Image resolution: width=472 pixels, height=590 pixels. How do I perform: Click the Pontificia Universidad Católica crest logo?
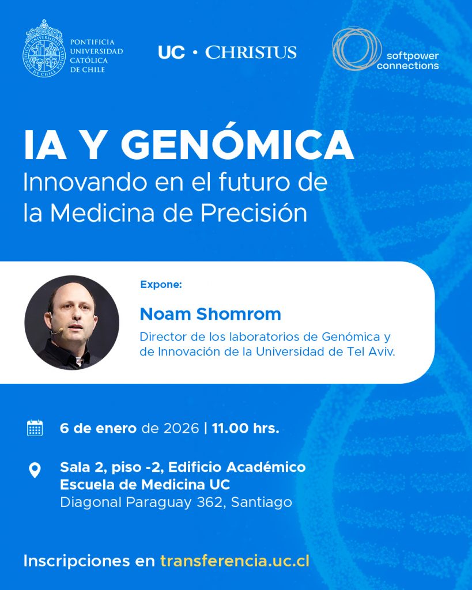[x=44, y=49]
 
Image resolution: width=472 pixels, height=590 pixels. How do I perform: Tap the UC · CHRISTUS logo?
[x=227, y=52]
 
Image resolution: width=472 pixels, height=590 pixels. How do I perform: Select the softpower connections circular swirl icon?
[x=356, y=48]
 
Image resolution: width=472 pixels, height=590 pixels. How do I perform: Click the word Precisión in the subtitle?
[x=254, y=213]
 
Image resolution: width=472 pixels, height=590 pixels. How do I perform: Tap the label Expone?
[x=161, y=285]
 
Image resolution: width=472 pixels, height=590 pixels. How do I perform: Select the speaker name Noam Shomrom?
[x=210, y=314]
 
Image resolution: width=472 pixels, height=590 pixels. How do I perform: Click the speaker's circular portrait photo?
[x=72, y=323]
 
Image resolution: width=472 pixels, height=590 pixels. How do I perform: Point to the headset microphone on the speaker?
[x=57, y=331]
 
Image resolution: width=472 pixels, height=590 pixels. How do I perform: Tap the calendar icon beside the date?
[x=35, y=428]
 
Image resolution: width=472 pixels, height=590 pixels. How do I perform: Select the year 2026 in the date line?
[x=181, y=428]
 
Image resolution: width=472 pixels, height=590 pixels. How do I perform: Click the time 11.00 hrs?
[x=246, y=428]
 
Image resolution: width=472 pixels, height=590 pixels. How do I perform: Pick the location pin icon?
[x=35, y=470]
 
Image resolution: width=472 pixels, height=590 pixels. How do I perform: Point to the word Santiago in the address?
[x=262, y=502]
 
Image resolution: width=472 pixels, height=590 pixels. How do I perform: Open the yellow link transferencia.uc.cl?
[x=235, y=561]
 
